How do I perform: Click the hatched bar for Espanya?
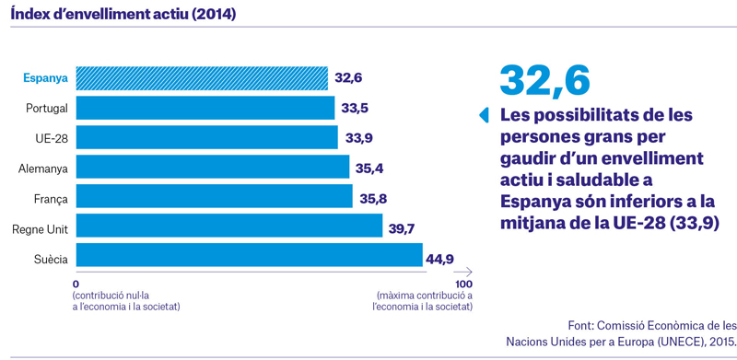tap(202, 78)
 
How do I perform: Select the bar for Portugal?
tap(205, 108)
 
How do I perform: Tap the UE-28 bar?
tap(206, 137)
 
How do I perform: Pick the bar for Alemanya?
tap(213, 167)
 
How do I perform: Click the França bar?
tap(214, 196)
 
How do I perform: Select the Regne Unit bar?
tap(228, 226)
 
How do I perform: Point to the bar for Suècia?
tap(249, 255)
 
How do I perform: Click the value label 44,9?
tap(439, 259)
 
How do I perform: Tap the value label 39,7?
tap(402, 229)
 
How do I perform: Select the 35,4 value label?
tap(369, 168)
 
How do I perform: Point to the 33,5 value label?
tap(355, 108)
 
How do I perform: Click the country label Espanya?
tap(45, 78)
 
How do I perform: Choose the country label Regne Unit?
tap(40, 230)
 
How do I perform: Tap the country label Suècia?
tap(51, 260)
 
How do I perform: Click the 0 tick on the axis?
tap(76, 285)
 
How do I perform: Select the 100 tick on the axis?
tap(463, 285)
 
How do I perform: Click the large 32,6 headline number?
tap(544, 80)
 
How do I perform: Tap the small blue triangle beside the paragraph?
tap(484, 115)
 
